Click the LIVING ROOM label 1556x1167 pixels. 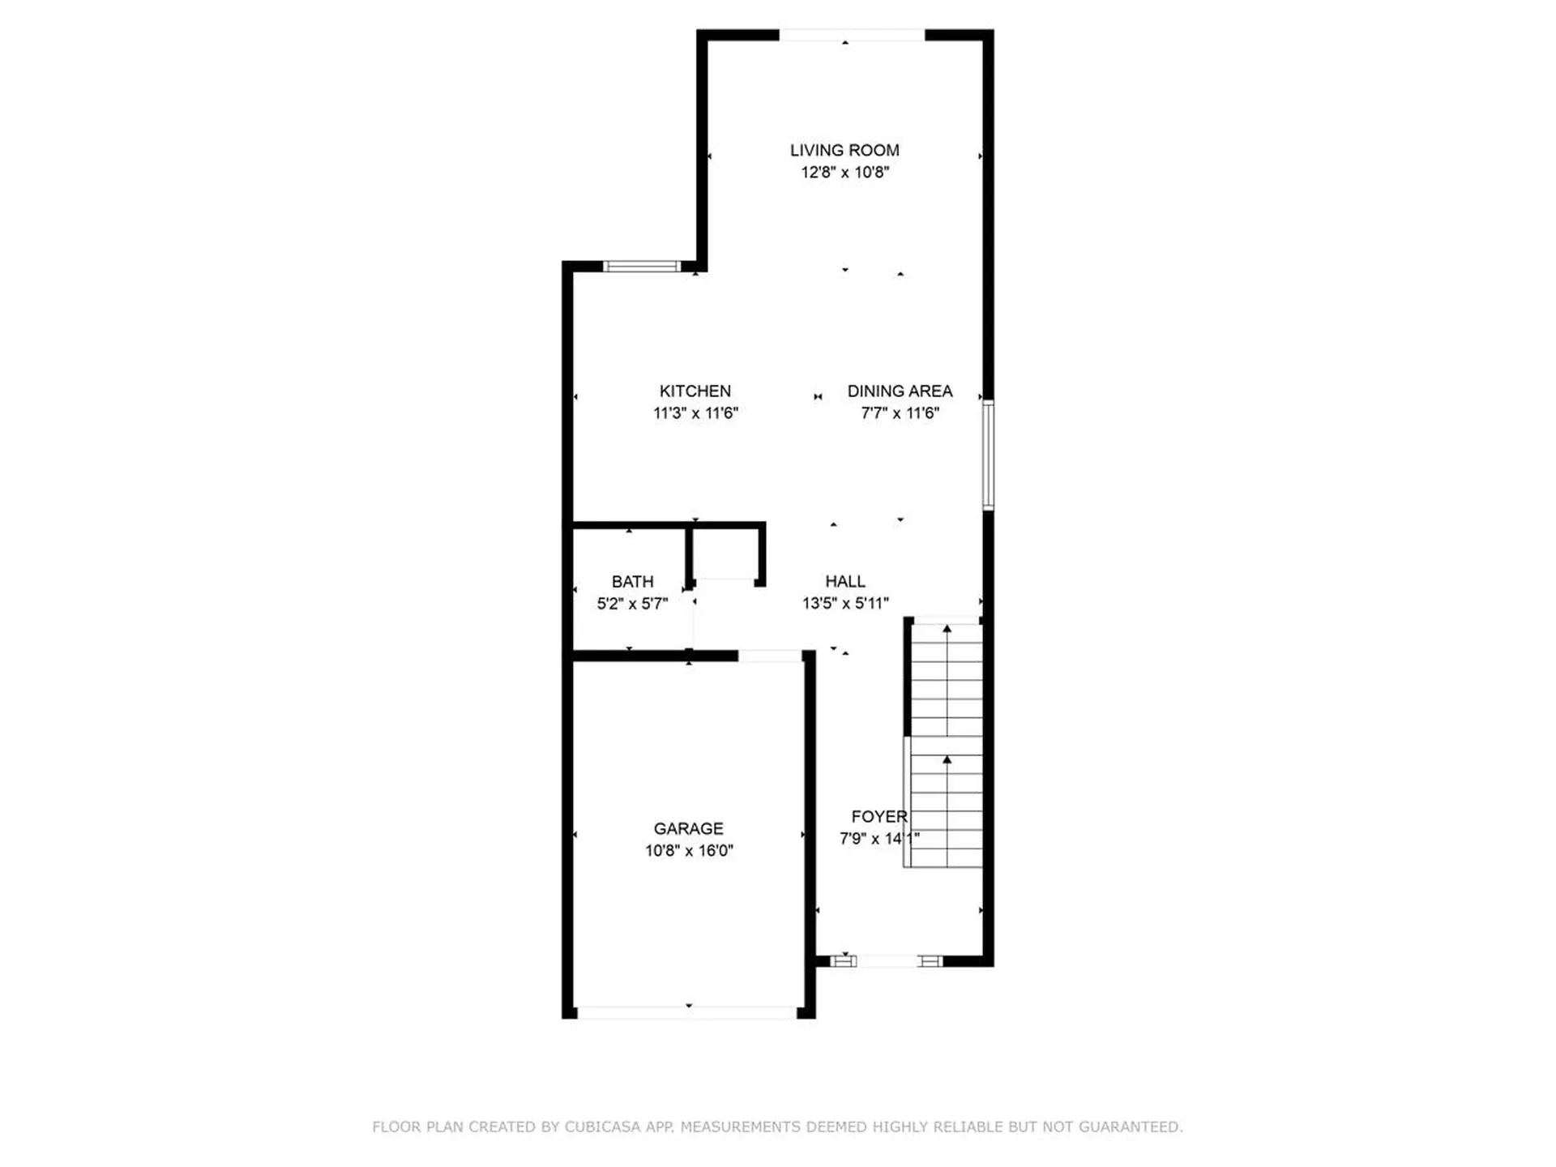point(844,150)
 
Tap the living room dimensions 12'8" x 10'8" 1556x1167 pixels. point(844,172)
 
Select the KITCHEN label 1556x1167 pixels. point(695,391)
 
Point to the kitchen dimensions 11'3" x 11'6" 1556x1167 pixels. point(695,413)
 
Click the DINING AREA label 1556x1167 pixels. point(900,391)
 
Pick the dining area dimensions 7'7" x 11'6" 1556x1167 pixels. point(900,413)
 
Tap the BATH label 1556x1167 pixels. point(632,581)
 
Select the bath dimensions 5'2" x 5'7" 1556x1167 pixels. point(632,603)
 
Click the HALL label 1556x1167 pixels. point(844,581)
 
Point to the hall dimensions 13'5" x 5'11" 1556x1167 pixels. point(844,603)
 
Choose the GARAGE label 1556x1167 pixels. point(688,828)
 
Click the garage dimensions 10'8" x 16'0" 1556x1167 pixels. point(689,850)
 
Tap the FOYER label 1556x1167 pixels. point(878,816)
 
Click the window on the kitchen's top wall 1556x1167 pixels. point(642,267)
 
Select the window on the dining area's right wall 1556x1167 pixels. point(988,455)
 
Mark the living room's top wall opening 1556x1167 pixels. point(852,35)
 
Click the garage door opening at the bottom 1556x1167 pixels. point(687,1012)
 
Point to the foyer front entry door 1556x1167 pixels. point(887,961)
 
